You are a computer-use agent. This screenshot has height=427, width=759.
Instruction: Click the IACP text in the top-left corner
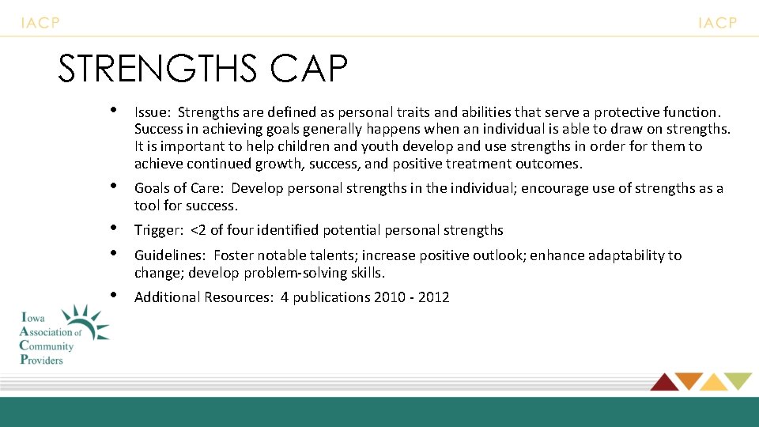click(40, 23)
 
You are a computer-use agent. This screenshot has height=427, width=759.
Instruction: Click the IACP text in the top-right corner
click(717, 23)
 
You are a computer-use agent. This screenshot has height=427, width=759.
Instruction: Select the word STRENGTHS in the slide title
click(157, 70)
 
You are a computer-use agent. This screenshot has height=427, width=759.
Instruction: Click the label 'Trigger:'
click(160, 230)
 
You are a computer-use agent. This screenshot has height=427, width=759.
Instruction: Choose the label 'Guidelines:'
click(170, 255)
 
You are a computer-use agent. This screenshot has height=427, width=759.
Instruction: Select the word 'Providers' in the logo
click(41, 359)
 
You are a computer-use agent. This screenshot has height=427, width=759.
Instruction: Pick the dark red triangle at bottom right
click(663, 381)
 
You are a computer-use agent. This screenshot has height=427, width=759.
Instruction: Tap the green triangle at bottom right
click(739, 381)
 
